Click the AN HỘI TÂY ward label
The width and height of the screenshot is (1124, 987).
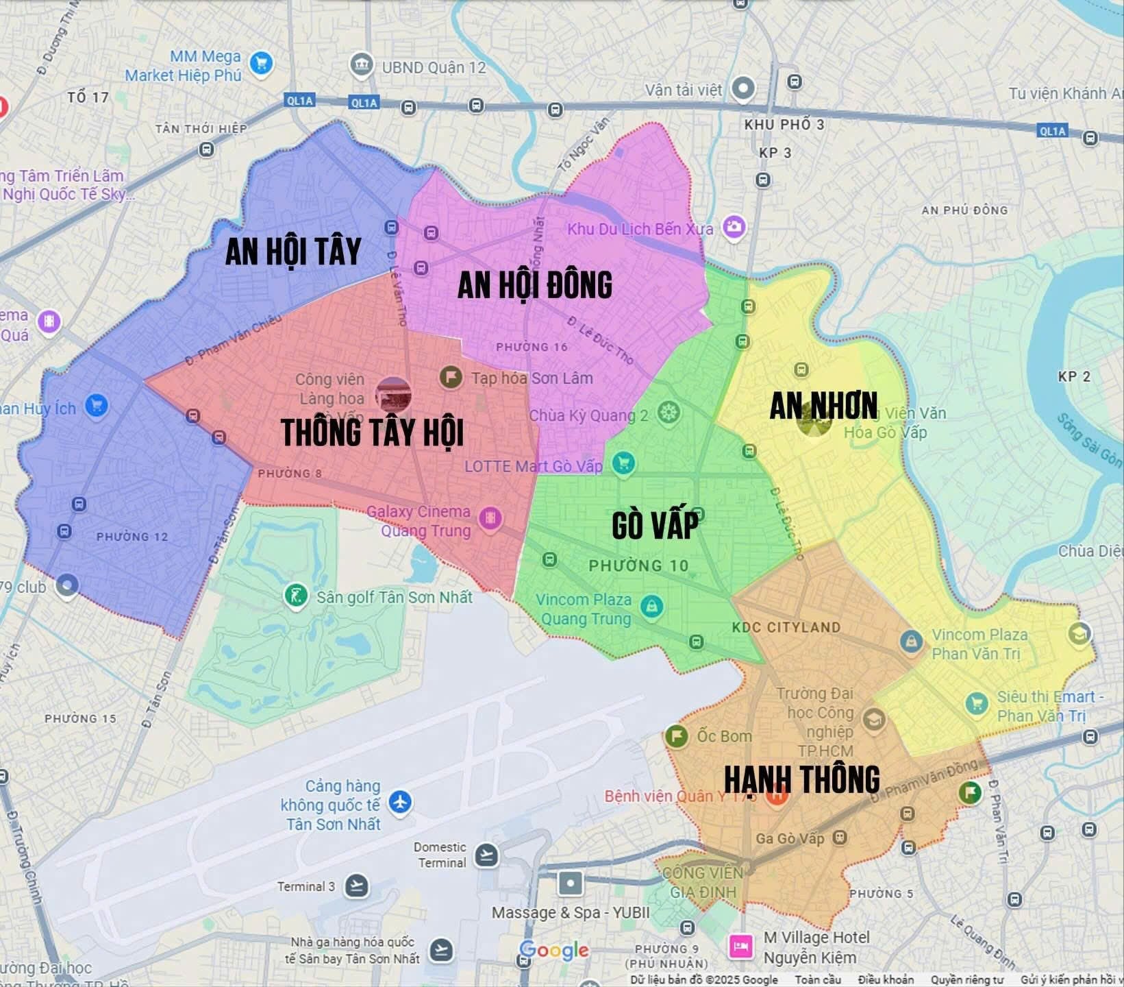pos(293,252)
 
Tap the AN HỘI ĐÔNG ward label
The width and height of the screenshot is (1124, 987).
pos(534,285)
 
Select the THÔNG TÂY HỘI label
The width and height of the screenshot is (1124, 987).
pos(372,432)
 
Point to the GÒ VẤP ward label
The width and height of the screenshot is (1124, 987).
pos(655,525)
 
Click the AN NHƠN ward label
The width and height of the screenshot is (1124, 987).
pos(823,406)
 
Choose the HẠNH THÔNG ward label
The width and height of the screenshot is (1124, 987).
pos(801,779)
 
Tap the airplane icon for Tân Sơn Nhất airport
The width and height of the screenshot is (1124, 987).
pos(400,801)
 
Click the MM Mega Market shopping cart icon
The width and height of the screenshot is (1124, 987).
pos(261,64)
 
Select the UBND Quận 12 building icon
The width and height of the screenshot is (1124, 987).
pos(361,66)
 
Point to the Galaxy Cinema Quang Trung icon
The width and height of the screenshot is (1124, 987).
pos(490,518)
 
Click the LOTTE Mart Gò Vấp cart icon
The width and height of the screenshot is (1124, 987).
pos(623,464)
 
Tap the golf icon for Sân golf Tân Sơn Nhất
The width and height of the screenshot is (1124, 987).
pos(296,595)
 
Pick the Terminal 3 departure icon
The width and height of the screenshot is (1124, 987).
pos(356,886)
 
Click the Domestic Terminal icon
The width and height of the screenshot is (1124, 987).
pos(486,855)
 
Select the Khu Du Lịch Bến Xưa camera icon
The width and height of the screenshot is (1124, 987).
pos(734,227)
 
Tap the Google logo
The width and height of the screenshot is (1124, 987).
pos(553,950)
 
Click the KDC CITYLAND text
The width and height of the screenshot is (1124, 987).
pos(786,627)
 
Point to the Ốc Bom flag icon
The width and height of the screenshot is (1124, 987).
pos(676,736)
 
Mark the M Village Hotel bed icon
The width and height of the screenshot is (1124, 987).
pos(740,947)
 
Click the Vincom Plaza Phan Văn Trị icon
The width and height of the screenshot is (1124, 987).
pos(910,641)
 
